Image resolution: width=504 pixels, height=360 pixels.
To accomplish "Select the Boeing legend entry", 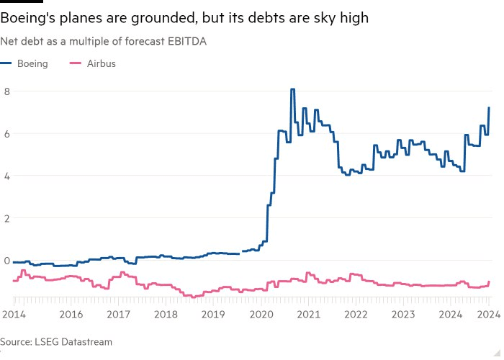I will point(32,63).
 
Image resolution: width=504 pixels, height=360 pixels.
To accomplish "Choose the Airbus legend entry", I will point(101,63).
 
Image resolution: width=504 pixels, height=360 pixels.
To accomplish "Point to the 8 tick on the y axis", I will point(6,91).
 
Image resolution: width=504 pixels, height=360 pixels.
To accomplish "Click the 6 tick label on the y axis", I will point(6,134).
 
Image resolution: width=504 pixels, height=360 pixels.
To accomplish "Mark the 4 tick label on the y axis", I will point(6,176).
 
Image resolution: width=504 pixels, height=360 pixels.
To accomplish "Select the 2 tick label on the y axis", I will point(6,218).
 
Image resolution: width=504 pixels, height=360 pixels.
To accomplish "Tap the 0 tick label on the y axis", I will point(6,261).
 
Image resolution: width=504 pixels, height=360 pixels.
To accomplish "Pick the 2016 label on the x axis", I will point(71,314).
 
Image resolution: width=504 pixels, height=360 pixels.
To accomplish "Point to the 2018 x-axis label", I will point(166,314).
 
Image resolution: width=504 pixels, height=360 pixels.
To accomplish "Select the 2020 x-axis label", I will point(261,314).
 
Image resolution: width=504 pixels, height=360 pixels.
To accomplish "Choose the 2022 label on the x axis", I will point(356,314).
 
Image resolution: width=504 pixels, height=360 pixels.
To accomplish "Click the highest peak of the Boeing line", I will point(292,89).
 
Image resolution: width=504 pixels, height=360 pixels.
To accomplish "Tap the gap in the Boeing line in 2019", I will point(241,252).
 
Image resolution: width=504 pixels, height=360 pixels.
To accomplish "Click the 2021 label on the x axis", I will point(309,314).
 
